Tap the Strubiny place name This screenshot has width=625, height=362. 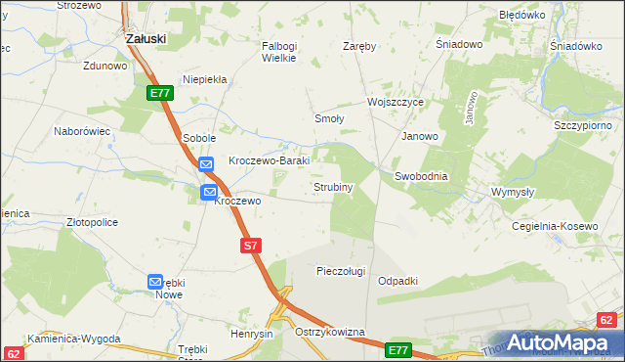click(x=333, y=186)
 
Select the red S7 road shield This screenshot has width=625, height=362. click(x=250, y=247)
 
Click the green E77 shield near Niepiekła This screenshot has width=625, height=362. click(x=161, y=93)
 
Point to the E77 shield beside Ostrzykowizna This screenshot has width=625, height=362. click(x=397, y=349)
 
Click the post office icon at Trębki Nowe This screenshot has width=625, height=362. click(x=155, y=282)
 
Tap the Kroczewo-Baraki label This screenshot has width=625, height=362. click(x=269, y=160)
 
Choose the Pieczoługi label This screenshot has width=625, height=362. click(x=341, y=271)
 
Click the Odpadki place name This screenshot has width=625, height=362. click(x=397, y=281)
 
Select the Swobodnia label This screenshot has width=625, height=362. click(x=421, y=176)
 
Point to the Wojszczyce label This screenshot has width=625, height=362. click(x=395, y=102)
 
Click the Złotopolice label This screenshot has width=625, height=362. click(x=92, y=222)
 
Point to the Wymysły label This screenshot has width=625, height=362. click(x=513, y=192)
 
